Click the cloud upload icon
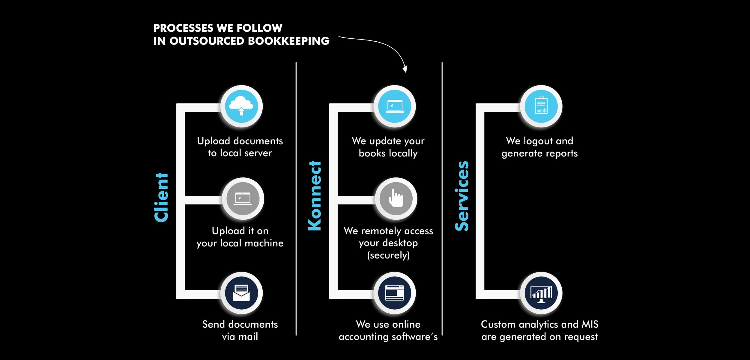coord(241,106)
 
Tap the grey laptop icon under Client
coord(243,199)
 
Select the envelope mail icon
coord(241,293)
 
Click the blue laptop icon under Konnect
coord(395,106)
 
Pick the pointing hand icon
coord(396,199)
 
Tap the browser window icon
coord(395,293)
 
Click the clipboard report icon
coord(541,106)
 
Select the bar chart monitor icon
coord(541,293)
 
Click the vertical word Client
coord(161,198)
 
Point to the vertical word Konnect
coord(315,196)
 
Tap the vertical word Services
coord(462,196)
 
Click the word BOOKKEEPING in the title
coord(288,41)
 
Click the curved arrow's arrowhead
coord(405,70)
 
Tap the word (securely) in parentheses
coord(388,255)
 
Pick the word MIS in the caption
coord(590,324)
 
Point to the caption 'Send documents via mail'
coord(240,330)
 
